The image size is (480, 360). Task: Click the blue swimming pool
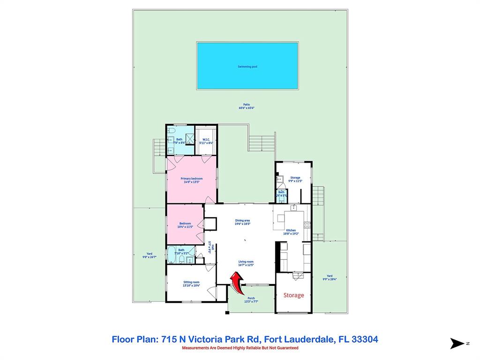pos(247,66)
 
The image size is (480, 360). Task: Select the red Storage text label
pos(293,295)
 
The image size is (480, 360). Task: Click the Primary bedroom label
pos(191,180)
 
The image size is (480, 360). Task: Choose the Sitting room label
pos(191,284)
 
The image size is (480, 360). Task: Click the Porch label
pos(251,300)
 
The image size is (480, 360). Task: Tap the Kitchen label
pos(291,232)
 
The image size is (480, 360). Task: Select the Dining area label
pos(242,222)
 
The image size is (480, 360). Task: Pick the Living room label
pos(246,263)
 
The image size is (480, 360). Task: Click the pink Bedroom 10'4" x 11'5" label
pos(185,225)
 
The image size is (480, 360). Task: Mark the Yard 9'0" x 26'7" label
pos(149,255)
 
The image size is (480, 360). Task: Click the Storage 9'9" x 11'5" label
pos(295,179)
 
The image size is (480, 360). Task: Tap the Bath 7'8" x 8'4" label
pos(179,140)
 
